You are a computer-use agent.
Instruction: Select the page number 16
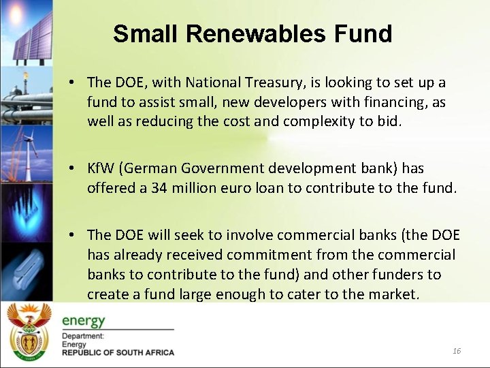[x=457, y=350]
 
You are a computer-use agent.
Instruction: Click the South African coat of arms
[x=28, y=332]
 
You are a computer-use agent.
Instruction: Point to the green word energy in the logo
[x=83, y=320]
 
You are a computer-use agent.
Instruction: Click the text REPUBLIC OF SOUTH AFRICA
[x=118, y=352]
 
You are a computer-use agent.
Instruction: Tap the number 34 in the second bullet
[x=159, y=187]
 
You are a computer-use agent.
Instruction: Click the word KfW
[x=101, y=168]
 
